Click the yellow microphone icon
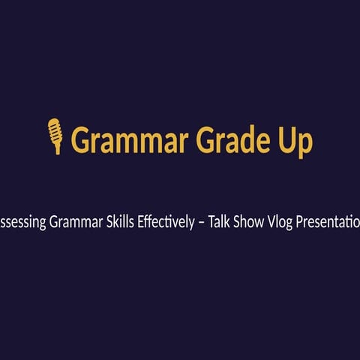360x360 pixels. coord(55,136)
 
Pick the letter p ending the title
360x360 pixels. coord(307,143)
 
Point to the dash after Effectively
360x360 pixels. coord(217,223)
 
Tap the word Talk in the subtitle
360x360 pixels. coord(236,222)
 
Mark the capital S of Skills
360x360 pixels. coord(115,222)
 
